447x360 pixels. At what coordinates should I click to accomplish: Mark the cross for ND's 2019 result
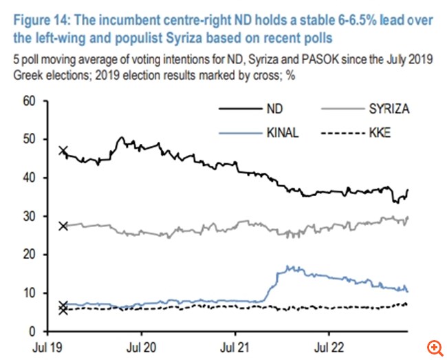point(63,151)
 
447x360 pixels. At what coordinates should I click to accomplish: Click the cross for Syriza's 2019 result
point(63,226)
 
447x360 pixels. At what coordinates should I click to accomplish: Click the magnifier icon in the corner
point(433,346)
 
